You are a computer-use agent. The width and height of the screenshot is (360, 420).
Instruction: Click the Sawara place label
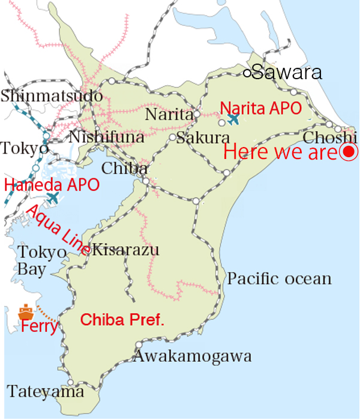point(287,73)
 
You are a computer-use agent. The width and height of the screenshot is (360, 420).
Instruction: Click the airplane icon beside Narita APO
point(233,119)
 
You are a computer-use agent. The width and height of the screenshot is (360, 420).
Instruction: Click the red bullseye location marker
point(349,152)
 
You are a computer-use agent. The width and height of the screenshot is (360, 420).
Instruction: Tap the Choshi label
point(326,137)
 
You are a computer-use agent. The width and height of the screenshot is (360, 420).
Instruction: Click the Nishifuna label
point(107,137)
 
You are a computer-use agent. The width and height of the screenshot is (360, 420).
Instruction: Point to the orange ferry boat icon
point(26,312)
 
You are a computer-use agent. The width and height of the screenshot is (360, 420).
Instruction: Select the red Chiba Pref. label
point(122,320)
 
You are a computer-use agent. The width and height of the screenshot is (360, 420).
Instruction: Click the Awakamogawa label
point(192,356)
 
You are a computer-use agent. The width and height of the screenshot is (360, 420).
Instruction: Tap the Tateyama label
point(46,392)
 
